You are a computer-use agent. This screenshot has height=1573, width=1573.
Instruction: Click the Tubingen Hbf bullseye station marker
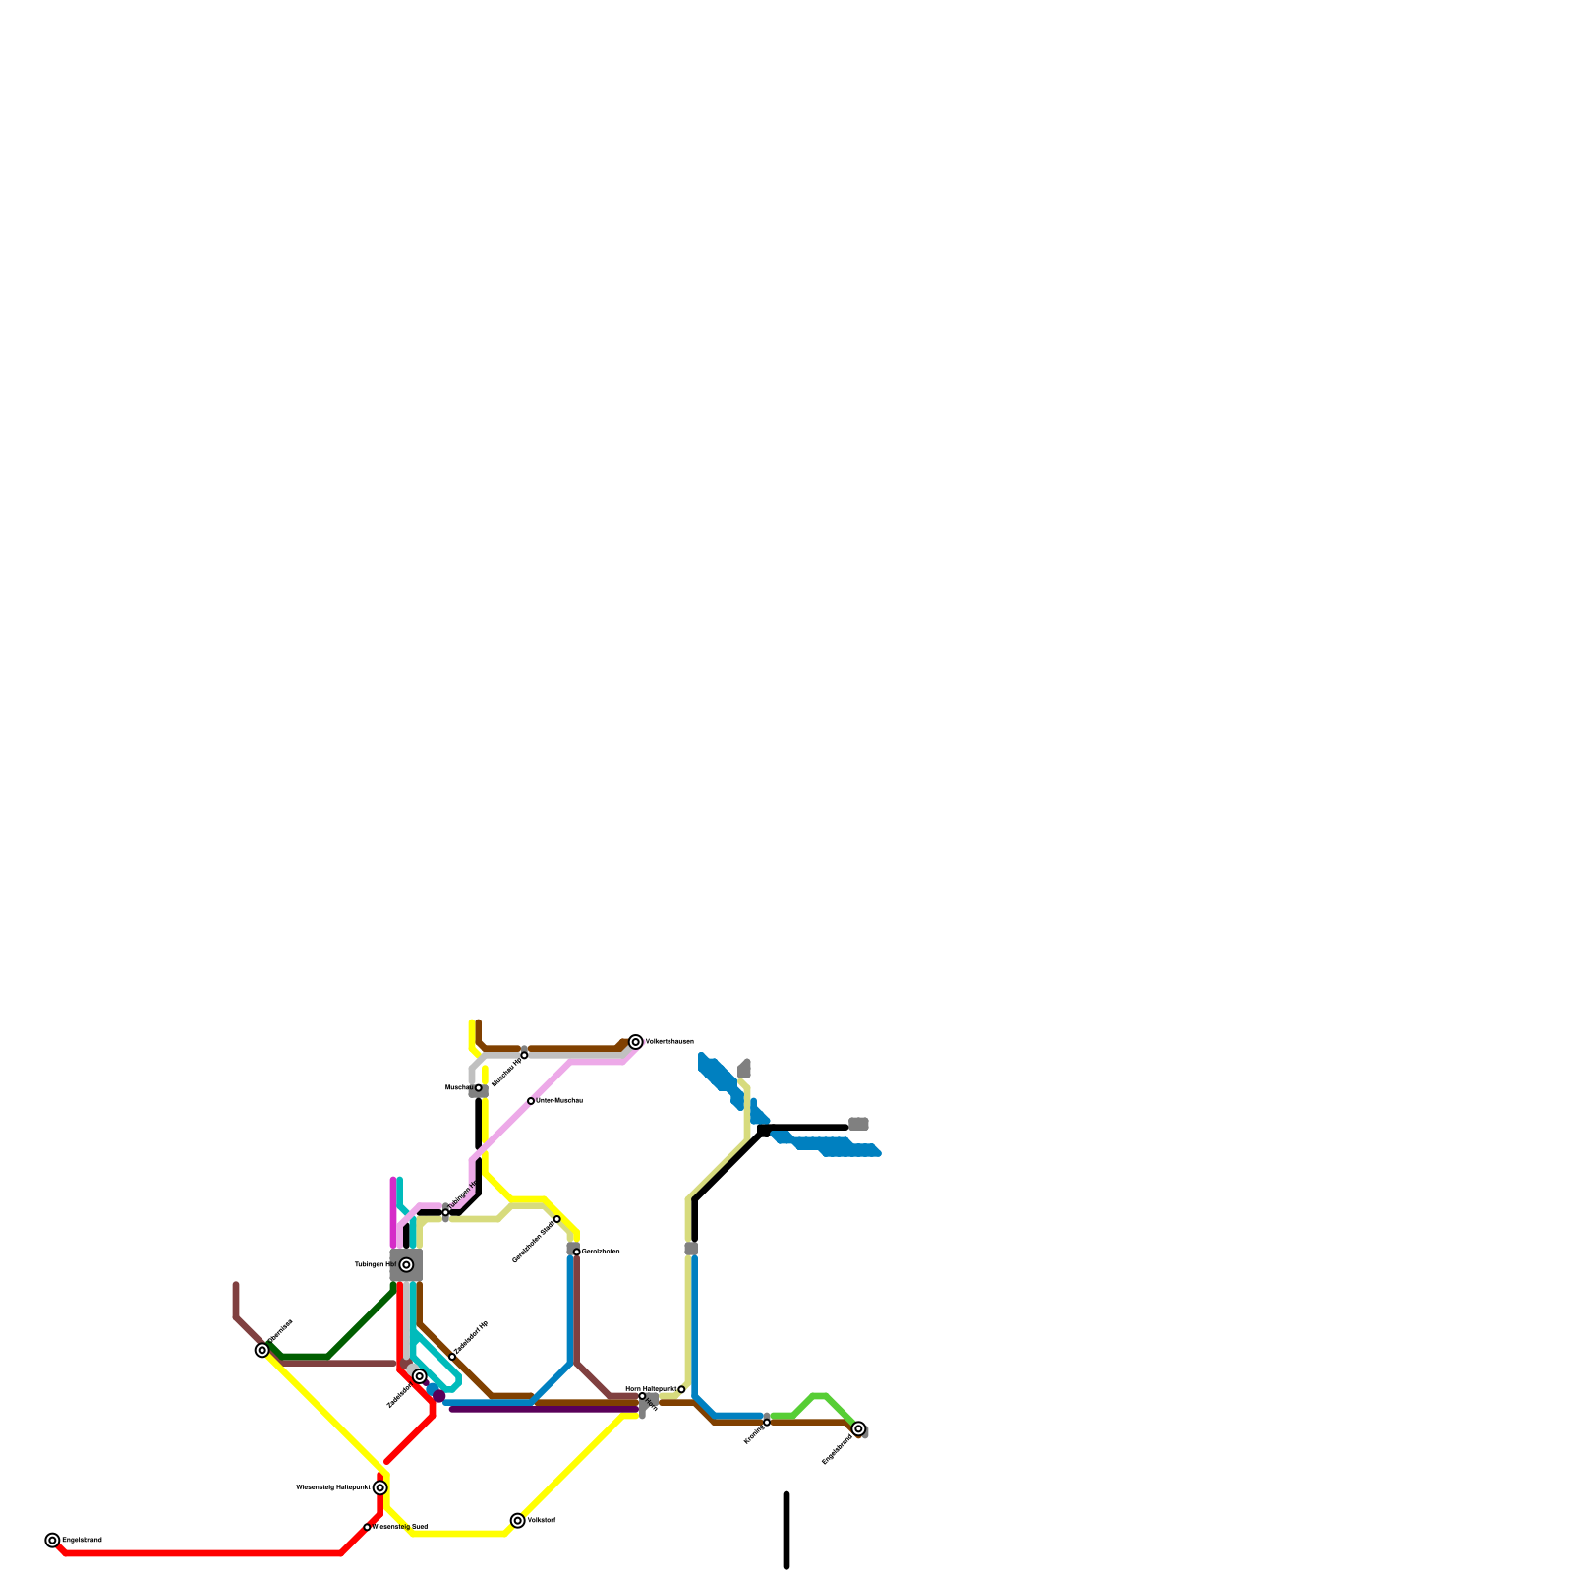(406, 1265)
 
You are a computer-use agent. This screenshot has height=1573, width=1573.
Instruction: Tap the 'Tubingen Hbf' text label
(375, 1265)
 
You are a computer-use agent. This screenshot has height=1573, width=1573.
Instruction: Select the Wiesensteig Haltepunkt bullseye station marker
(380, 1488)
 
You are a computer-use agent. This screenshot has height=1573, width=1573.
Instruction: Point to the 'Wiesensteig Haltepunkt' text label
(332, 1488)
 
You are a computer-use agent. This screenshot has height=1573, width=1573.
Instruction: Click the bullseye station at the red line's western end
(52, 1541)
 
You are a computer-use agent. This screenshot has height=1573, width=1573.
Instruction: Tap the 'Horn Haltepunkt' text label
(651, 1389)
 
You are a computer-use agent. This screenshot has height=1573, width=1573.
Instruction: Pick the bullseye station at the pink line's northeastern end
(636, 1042)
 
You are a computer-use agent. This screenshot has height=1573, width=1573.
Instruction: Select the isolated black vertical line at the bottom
(786, 1530)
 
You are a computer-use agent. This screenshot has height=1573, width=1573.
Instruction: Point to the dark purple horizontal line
(541, 1410)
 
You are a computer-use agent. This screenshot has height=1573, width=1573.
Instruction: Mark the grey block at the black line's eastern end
(858, 1124)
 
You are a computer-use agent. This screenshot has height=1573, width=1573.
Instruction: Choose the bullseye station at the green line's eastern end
(858, 1428)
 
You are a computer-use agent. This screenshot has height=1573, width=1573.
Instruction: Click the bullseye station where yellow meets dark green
(262, 1351)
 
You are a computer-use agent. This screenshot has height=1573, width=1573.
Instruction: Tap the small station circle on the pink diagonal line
(531, 1101)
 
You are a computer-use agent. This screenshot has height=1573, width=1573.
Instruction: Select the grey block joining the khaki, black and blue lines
(691, 1249)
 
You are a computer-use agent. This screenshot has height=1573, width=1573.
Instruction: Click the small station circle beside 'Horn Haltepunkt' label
(681, 1390)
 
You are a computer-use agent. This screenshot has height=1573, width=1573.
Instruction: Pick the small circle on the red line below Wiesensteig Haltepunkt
(367, 1527)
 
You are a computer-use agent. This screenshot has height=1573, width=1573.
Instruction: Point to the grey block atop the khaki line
(744, 1070)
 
